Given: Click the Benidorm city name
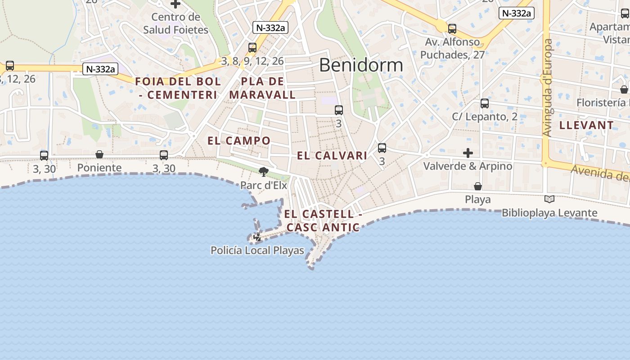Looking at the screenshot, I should coord(361,65).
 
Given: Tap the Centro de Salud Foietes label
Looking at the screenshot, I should coord(175,23).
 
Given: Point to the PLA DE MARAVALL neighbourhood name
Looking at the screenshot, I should coord(262,88).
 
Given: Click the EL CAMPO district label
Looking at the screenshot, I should coord(239,141).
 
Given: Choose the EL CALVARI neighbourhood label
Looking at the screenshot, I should coord(332,156).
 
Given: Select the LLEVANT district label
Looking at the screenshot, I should coord(586,126).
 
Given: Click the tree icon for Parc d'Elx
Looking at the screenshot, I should coord(264,171).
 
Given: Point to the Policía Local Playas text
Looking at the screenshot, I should coord(257,251).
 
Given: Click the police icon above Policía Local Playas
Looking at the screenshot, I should coord(258,237).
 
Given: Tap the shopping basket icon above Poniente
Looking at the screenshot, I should coord(99,155).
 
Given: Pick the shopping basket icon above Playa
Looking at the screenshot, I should coord(477,186).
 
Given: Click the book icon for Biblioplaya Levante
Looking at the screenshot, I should coord(549,199).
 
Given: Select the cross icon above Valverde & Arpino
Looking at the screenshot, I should coord(468,153).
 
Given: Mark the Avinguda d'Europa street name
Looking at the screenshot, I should coord(548,88).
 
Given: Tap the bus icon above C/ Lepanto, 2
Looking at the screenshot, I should coord(484,103).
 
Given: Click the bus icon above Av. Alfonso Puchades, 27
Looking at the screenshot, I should coord(452,29).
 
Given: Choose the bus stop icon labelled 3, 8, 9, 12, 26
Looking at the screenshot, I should coord(252,47).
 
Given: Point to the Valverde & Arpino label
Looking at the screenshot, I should coord(468,166).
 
